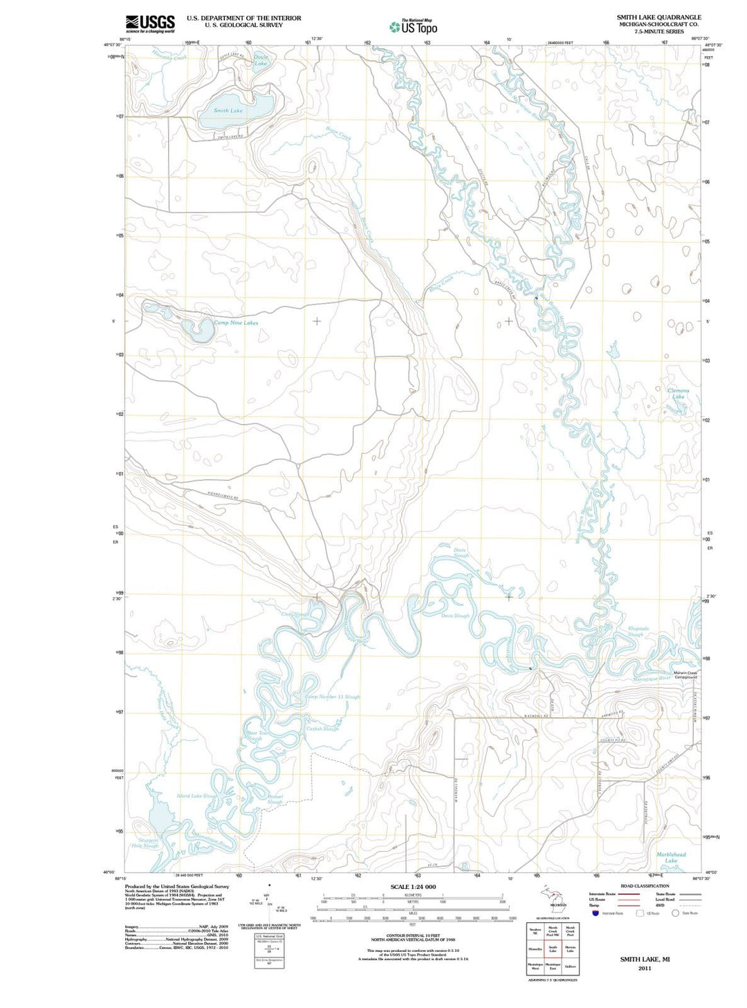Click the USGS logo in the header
click(149, 24)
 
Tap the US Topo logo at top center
click(414, 27)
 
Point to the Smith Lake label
click(228, 111)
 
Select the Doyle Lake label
click(261, 60)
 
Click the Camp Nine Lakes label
click(236, 323)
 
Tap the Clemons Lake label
click(678, 394)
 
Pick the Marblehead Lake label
click(670, 857)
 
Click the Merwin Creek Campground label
click(685, 675)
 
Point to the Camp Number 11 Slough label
click(333, 697)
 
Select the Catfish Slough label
click(322, 728)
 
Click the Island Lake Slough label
click(196, 796)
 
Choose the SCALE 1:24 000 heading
click(413, 887)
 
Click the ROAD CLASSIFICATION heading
click(645, 886)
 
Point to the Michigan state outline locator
click(553, 896)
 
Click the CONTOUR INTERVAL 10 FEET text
click(413, 935)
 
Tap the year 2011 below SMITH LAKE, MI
click(645, 969)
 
